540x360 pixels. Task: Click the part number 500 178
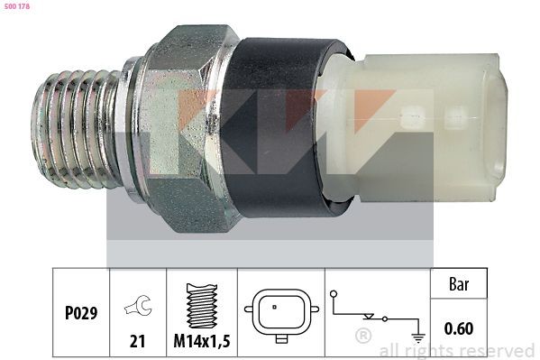click(17, 7)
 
